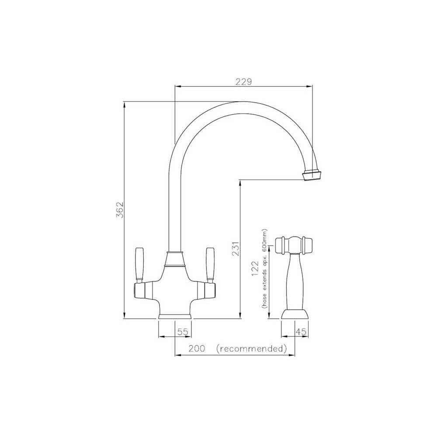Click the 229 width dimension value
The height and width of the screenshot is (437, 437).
(243, 82)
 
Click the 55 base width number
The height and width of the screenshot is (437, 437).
(183, 332)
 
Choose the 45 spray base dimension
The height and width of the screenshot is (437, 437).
(301, 332)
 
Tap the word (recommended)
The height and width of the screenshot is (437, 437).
(252, 349)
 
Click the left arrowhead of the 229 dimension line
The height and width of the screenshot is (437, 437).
(177, 87)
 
